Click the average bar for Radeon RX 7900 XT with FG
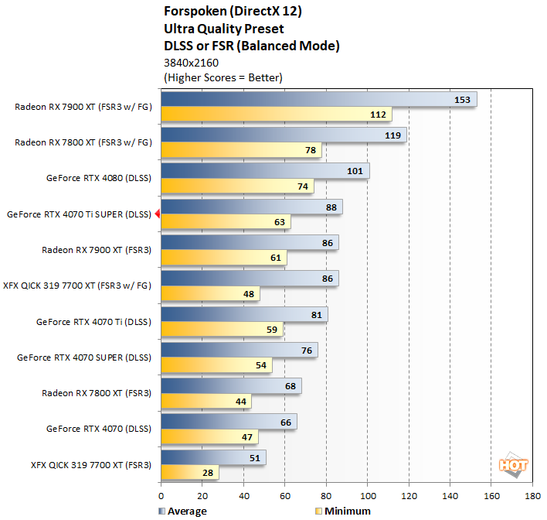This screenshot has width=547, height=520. click(318, 99)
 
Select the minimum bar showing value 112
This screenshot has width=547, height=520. click(276, 115)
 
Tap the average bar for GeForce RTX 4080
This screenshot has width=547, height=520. click(264, 170)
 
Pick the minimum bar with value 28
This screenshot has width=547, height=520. click(189, 472)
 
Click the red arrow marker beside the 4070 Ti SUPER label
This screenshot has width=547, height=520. click(157, 214)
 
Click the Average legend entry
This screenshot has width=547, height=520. click(183, 511)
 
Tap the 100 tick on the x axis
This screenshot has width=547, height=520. click(368, 497)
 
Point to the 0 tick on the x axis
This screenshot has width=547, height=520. click(161, 497)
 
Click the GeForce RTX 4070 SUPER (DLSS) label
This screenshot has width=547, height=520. click(84, 357)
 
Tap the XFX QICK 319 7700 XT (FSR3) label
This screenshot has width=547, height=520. click(90, 465)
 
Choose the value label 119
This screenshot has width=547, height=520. click(392, 135)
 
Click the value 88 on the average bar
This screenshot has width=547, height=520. click(331, 207)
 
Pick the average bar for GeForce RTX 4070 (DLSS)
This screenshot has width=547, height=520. click(229, 421)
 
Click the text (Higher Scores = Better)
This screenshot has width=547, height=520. click(223, 77)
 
